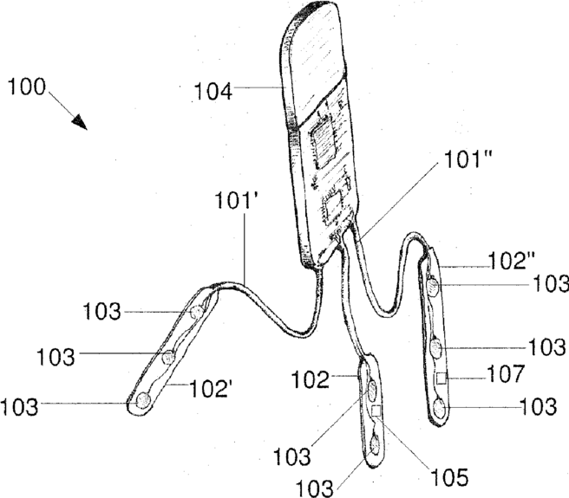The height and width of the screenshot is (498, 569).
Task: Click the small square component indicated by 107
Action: (x=440, y=378)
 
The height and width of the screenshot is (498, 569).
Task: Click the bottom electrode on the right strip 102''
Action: (x=440, y=405)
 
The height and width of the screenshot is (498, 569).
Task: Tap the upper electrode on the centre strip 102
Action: (x=371, y=388)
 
